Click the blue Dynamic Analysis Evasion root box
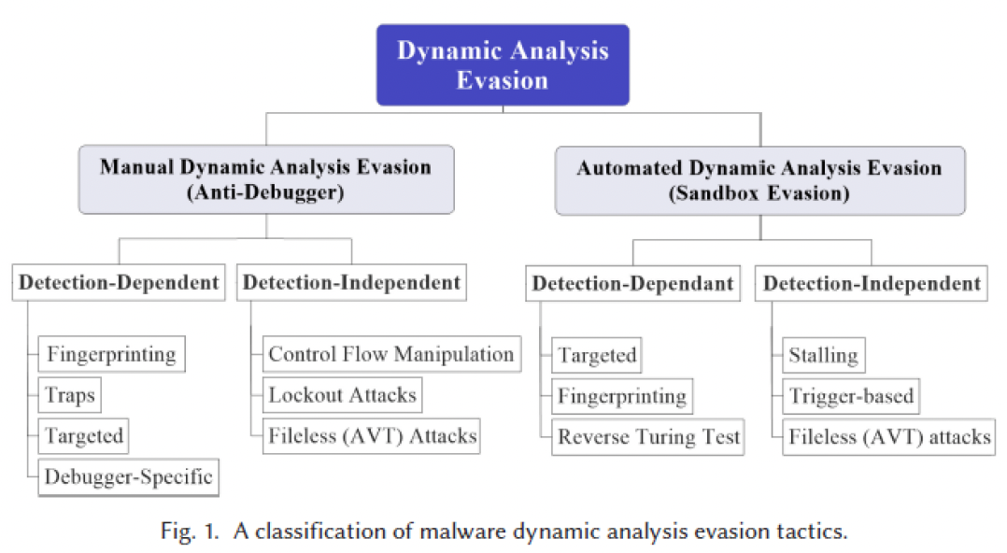click(503, 64)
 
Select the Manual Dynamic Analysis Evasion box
click(266, 179)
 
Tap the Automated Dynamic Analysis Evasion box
click(759, 180)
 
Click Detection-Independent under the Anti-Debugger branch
click(350, 282)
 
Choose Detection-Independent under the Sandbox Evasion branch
click(872, 283)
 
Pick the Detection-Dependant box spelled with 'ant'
click(632, 284)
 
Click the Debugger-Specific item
click(129, 477)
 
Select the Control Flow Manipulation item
click(391, 354)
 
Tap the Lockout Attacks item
click(342, 395)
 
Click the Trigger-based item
click(851, 396)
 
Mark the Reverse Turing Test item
click(649, 436)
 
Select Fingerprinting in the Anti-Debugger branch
click(111, 354)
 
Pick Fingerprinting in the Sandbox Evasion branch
click(622, 396)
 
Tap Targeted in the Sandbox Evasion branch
click(597, 355)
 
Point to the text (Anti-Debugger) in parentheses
click(266, 193)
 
